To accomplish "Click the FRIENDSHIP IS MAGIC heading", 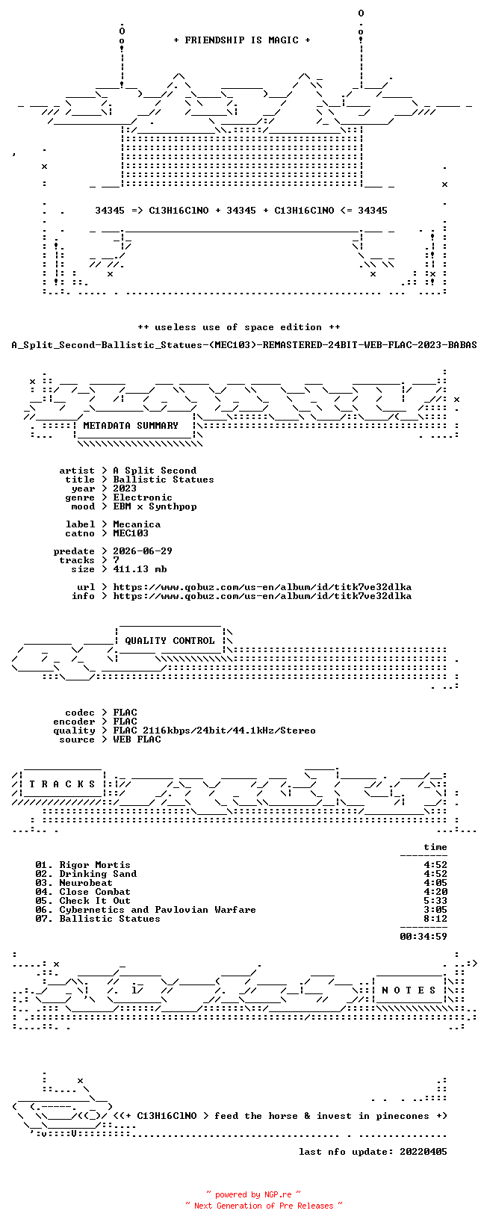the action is click(x=242, y=40).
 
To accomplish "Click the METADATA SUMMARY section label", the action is click(x=131, y=426).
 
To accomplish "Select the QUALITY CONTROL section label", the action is click(x=170, y=641).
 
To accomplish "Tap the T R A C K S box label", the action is click(x=62, y=784).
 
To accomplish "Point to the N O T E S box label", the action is click(x=409, y=990).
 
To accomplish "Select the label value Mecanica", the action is click(x=137, y=524).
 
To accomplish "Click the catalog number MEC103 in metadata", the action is click(x=131, y=533).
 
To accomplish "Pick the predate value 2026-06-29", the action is click(x=143, y=551).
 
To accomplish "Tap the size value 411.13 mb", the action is click(x=140, y=569).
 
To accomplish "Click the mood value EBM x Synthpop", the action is click(x=155, y=506).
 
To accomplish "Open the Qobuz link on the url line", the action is click(x=262, y=587).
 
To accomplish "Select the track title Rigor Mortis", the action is click(x=95, y=865).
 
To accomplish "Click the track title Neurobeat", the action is click(x=86, y=883).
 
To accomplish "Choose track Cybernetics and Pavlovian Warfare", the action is click(x=158, y=910).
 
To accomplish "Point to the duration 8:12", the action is click(x=435, y=919).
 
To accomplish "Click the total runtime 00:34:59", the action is click(x=423, y=937).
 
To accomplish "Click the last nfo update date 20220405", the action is click(x=423, y=1152).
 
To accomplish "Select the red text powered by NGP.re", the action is click(x=253, y=1194).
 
